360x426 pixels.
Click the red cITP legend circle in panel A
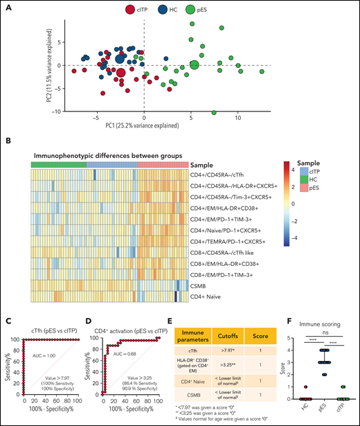tap(129, 10)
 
